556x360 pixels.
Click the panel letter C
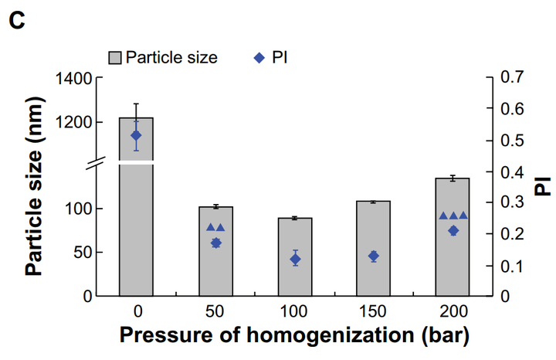tap(17, 21)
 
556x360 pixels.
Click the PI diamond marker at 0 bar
tap(136, 135)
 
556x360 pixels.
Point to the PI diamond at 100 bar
tap(295, 260)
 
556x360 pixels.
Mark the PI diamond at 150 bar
tap(374, 256)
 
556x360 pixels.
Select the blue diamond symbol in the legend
tap(259, 57)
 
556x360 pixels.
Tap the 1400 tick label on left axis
tap(73, 78)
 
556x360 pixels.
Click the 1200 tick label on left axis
tap(73, 122)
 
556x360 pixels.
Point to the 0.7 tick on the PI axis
tap(512, 78)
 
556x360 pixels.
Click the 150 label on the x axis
tap(374, 311)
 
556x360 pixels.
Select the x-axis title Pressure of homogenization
tap(293, 336)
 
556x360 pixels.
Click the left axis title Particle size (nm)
tap(33, 186)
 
